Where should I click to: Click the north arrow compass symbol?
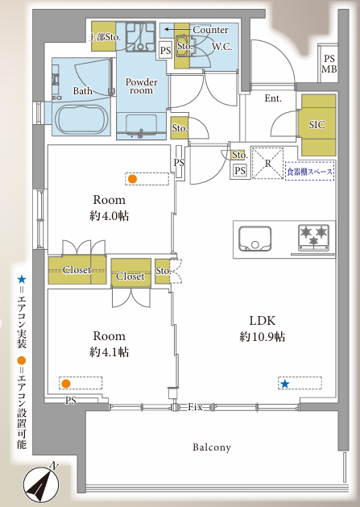tap(41, 484)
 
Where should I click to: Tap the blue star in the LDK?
tap(285, 384)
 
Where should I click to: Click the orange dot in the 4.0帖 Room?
tap(132, 179)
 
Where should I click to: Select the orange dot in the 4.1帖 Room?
tap(66, 384)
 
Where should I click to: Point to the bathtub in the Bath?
tap(81, 118)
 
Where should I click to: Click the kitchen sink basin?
tap(254, 239)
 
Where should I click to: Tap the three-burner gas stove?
tap(313, 238)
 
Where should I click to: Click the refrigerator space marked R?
tap(267, 164)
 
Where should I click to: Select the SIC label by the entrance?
tap(317, 125)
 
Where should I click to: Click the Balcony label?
tap(212, 447)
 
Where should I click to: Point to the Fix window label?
tap(195, 407)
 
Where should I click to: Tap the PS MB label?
tap(329, 64)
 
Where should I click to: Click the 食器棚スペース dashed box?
tap(309, 171)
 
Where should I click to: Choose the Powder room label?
tap(142, 86)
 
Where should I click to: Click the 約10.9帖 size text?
tap(262, 337)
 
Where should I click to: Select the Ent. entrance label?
tap(273, 98)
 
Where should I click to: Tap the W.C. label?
tap(221, 47)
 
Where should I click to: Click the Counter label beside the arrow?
tap(210, 30)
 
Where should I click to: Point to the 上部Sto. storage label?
tap(105, 37)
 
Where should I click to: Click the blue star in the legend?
tap(22, 279)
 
